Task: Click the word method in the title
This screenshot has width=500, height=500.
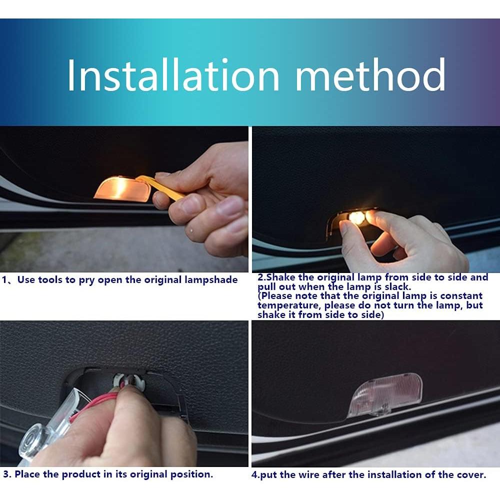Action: click(370, 75)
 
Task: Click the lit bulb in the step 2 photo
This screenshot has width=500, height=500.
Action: click(356, 218)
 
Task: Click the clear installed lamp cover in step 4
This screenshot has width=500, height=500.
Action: click(385, 395)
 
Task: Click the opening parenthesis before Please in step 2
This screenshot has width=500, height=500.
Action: click(259, 296)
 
